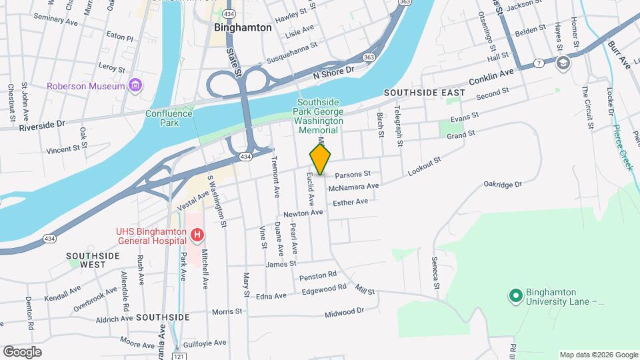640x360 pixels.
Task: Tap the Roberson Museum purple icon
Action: [x=136, y=85]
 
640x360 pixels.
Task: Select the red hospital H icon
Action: [x=197, y=235]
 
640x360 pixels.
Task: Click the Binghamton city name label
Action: [x=243, y=28]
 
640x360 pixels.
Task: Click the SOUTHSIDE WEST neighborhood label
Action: [x=93, y=259]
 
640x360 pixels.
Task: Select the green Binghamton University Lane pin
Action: [x=515, y=295]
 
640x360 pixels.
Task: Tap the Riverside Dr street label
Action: [x=41, y=125]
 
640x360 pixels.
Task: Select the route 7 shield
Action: [x=537, y=63]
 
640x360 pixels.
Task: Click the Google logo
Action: [x=22, y=351]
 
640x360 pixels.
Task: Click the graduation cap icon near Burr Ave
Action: [x=563, y=62]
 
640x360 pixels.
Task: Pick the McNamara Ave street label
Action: [x=358, y=187]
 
